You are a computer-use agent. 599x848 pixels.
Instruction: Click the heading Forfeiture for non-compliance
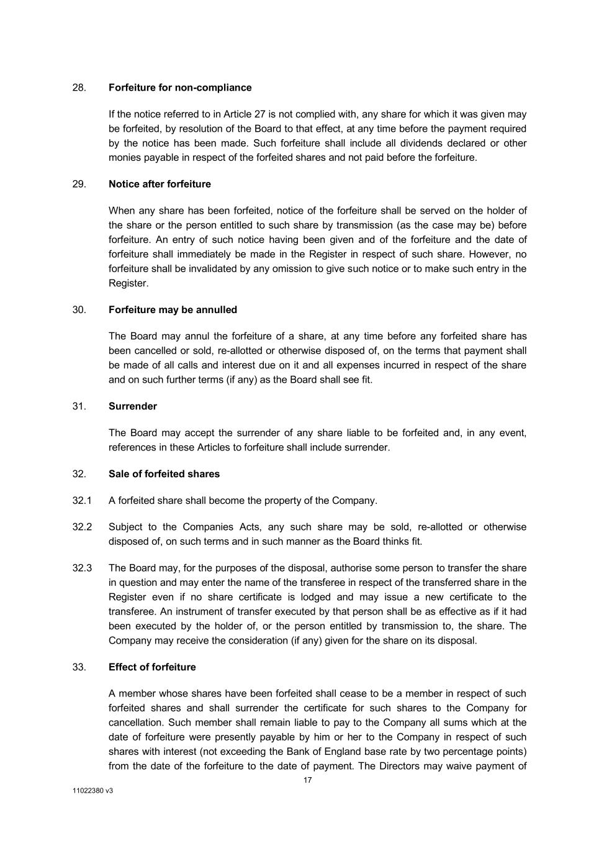pos(180,88)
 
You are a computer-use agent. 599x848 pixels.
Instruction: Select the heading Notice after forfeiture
pos(160,184)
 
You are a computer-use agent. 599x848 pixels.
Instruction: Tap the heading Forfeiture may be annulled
pos(173,309)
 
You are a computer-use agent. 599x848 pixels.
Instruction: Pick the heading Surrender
pos(133,406)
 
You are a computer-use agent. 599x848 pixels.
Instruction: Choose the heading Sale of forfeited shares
pos(164,474)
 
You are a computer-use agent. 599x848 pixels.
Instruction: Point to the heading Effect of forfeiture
pos(152,667)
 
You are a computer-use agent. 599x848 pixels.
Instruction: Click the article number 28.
pos(79,88)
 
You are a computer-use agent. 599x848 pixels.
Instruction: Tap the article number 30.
pos(79,309)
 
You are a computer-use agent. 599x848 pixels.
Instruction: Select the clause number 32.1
pos(82,501)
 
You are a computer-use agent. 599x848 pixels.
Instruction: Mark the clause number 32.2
pos(82,527)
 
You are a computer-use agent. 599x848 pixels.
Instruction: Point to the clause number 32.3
pos(82,568)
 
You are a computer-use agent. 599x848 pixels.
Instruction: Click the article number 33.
pos(79,667)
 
